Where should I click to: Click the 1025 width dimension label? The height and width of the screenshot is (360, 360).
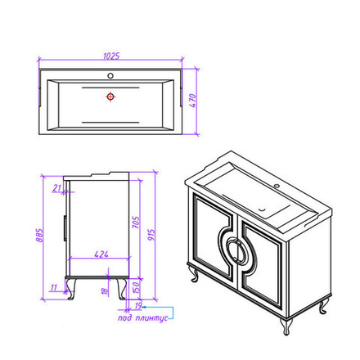coord(111,56)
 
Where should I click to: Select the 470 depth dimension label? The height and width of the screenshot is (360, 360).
coord(192,101)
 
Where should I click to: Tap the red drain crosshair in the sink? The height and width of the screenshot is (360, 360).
coord(110,97)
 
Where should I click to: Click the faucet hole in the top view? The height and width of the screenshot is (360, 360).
coord(110,75)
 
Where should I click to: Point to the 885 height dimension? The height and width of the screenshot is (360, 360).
coord(40,236)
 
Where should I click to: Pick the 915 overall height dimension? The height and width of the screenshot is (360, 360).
coord(151,235)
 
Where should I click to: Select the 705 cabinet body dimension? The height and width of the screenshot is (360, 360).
coord(136,222)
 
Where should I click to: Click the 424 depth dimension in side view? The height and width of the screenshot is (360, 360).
coord(101,254)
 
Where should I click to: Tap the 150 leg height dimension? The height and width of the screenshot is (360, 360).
coord(136,287)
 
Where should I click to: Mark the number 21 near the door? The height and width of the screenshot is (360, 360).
coord(57,188)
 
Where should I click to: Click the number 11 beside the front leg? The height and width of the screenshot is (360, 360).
coord(53,287)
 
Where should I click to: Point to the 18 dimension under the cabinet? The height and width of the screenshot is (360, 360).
coord(105,291)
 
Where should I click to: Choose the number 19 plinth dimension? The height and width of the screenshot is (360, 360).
coord(138,306)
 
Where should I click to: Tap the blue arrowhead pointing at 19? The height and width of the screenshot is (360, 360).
coord(145,307)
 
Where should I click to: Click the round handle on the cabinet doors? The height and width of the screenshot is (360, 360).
coord(236,250)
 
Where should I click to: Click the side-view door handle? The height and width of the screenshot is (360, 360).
coord(65,228)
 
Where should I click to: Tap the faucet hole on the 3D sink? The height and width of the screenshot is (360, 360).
coord(277,186)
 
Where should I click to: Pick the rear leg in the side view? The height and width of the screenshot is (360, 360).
coord(122,289)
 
